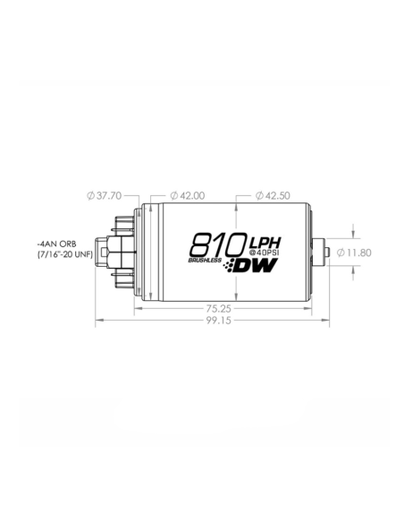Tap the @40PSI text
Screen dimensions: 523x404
265,255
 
